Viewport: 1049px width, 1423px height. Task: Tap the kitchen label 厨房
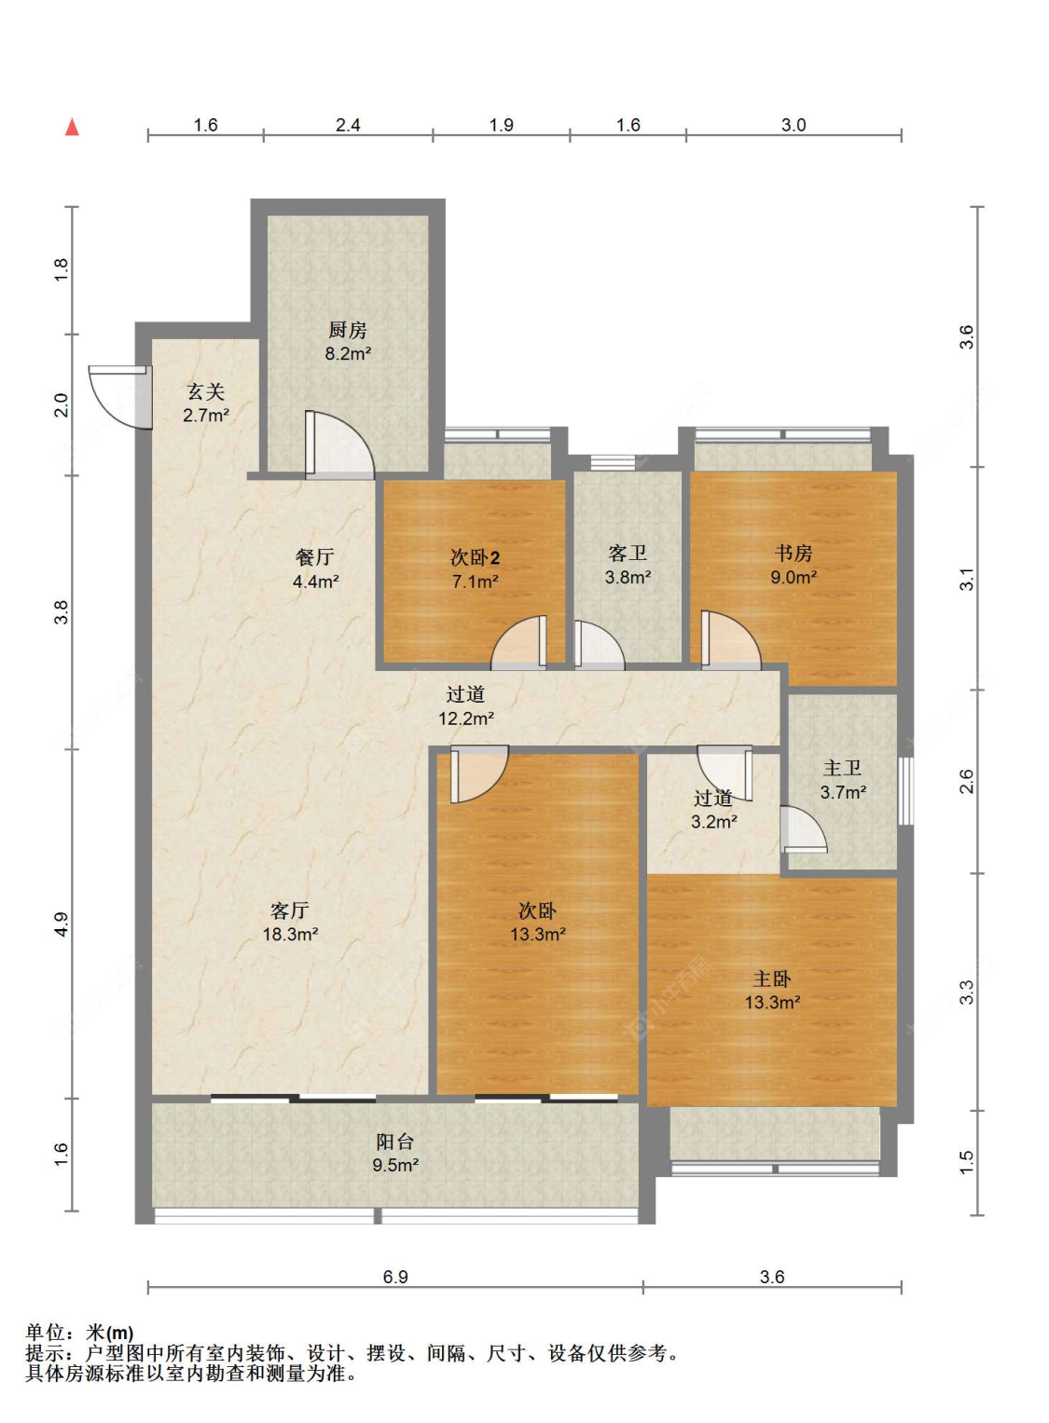[347, 330]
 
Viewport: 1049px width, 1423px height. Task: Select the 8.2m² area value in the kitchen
[348, 354]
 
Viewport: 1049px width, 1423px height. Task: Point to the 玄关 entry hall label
[205, 392]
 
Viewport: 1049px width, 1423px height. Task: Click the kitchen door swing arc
[339, 445]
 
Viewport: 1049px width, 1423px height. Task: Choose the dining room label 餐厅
[315, 557]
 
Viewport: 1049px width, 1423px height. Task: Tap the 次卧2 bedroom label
[475, 558]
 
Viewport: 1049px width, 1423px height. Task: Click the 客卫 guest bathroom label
[628, 554]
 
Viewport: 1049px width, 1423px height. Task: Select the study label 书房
[794, 554]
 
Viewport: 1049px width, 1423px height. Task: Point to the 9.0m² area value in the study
[794, 578]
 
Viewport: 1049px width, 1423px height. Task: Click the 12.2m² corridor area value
[466, 718]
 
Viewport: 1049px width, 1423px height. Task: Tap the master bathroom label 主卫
[842, 768]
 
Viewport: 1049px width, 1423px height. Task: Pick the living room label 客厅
[290, 910]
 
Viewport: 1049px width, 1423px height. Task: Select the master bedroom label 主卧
[772, 978]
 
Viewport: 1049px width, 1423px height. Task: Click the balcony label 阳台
[394, 1142]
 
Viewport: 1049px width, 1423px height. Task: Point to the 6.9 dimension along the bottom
[395, 1277]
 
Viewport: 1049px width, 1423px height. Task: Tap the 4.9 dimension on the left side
[61, 924]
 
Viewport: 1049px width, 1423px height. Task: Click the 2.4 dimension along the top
[348, 125]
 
